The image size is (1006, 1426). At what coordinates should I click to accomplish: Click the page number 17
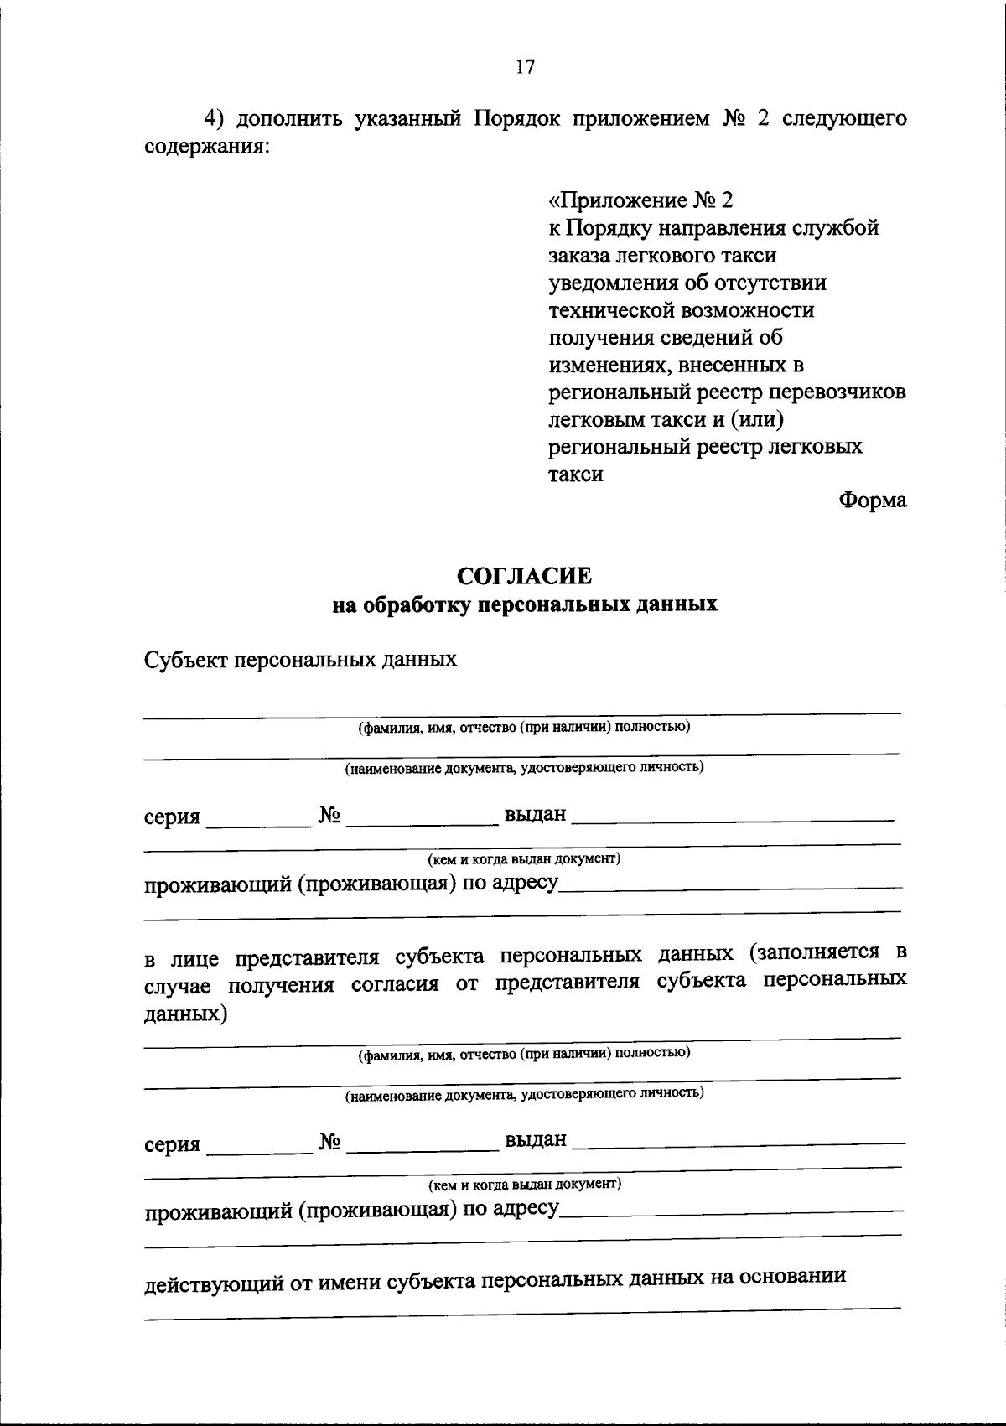525,68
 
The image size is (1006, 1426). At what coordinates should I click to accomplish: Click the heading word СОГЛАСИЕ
524,576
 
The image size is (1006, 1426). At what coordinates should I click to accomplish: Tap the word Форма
872,500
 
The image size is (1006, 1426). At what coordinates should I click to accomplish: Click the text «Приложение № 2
641,200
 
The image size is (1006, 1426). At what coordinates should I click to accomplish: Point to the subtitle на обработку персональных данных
524,604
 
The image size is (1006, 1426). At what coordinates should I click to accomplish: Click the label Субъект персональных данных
300,659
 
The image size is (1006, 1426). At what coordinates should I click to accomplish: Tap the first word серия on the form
172,817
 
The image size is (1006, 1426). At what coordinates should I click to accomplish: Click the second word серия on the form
172,1144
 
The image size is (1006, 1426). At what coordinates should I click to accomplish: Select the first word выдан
535,814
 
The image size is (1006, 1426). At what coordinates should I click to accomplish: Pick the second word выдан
535,1140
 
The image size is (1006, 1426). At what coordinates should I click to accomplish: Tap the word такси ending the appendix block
576,474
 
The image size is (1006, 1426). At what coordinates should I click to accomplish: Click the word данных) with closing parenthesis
185,1014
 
